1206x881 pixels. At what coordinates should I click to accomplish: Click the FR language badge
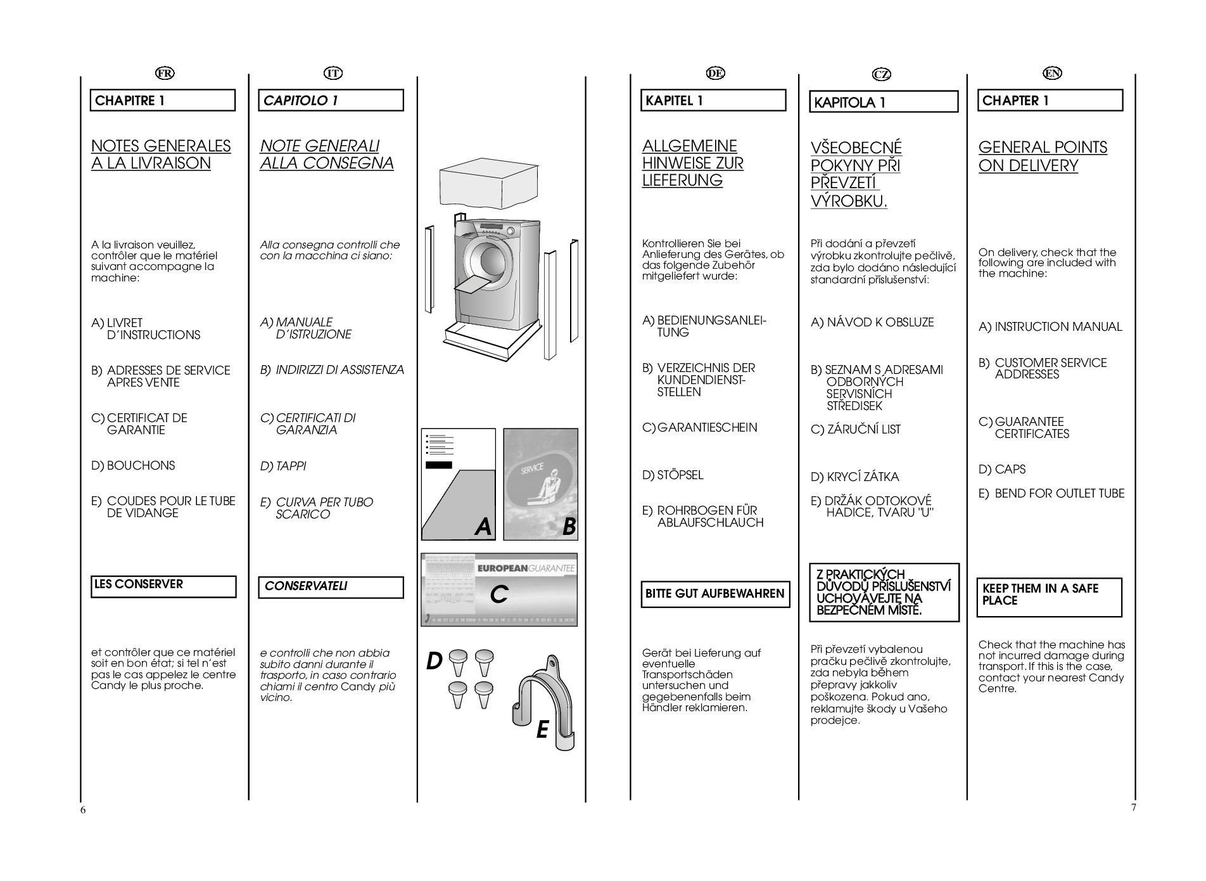pos(165,74)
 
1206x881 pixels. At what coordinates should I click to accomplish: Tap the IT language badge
pos(333,74)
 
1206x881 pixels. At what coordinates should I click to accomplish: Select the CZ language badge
pos(881,75)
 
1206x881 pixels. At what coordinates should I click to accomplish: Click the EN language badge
pos(1052,74)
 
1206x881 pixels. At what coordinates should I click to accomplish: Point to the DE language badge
pos(715,74)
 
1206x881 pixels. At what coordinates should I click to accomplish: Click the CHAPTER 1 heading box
pos(1050,101)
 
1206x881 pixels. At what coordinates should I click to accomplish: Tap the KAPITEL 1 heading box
pos(713,101)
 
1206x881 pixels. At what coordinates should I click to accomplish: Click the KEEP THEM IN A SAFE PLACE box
pos(1049,596)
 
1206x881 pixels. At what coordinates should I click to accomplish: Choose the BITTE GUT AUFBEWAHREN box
pos(715,594)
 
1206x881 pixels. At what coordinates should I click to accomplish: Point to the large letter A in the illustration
pos(483,526)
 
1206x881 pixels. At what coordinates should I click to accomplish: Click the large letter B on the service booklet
pos(569,526)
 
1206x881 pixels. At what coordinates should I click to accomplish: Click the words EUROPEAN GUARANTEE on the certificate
pos(525,568)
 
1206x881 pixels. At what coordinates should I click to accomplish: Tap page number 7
pos(1133,807)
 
